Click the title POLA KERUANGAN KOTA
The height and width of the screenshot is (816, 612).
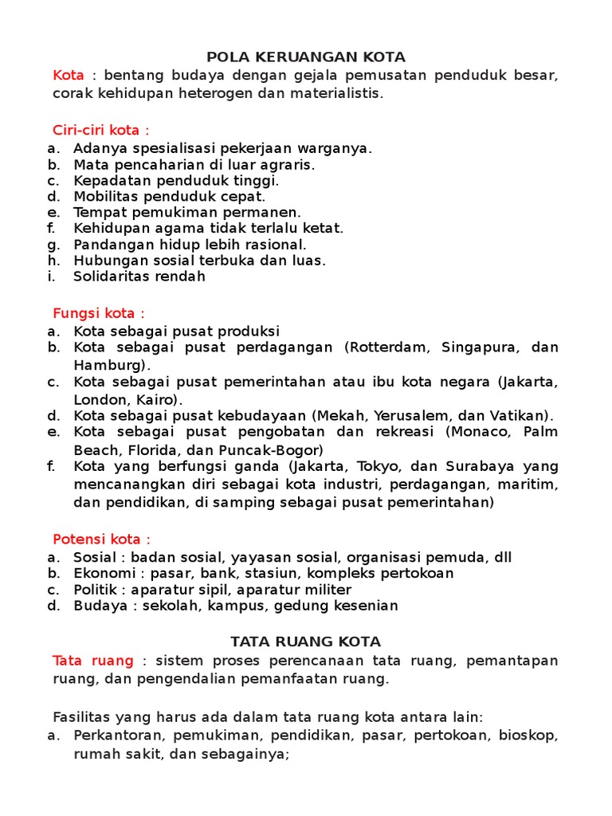pos(306,57)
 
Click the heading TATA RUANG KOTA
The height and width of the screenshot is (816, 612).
pos(306,641)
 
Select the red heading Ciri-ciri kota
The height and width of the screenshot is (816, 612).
pos(100,130)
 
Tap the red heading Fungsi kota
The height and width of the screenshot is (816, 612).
pos(99,313)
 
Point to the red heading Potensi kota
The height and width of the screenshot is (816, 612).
pos(101,539)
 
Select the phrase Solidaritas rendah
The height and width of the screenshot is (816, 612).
pos(139,277)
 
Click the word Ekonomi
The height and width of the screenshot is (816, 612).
pos(99,573)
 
